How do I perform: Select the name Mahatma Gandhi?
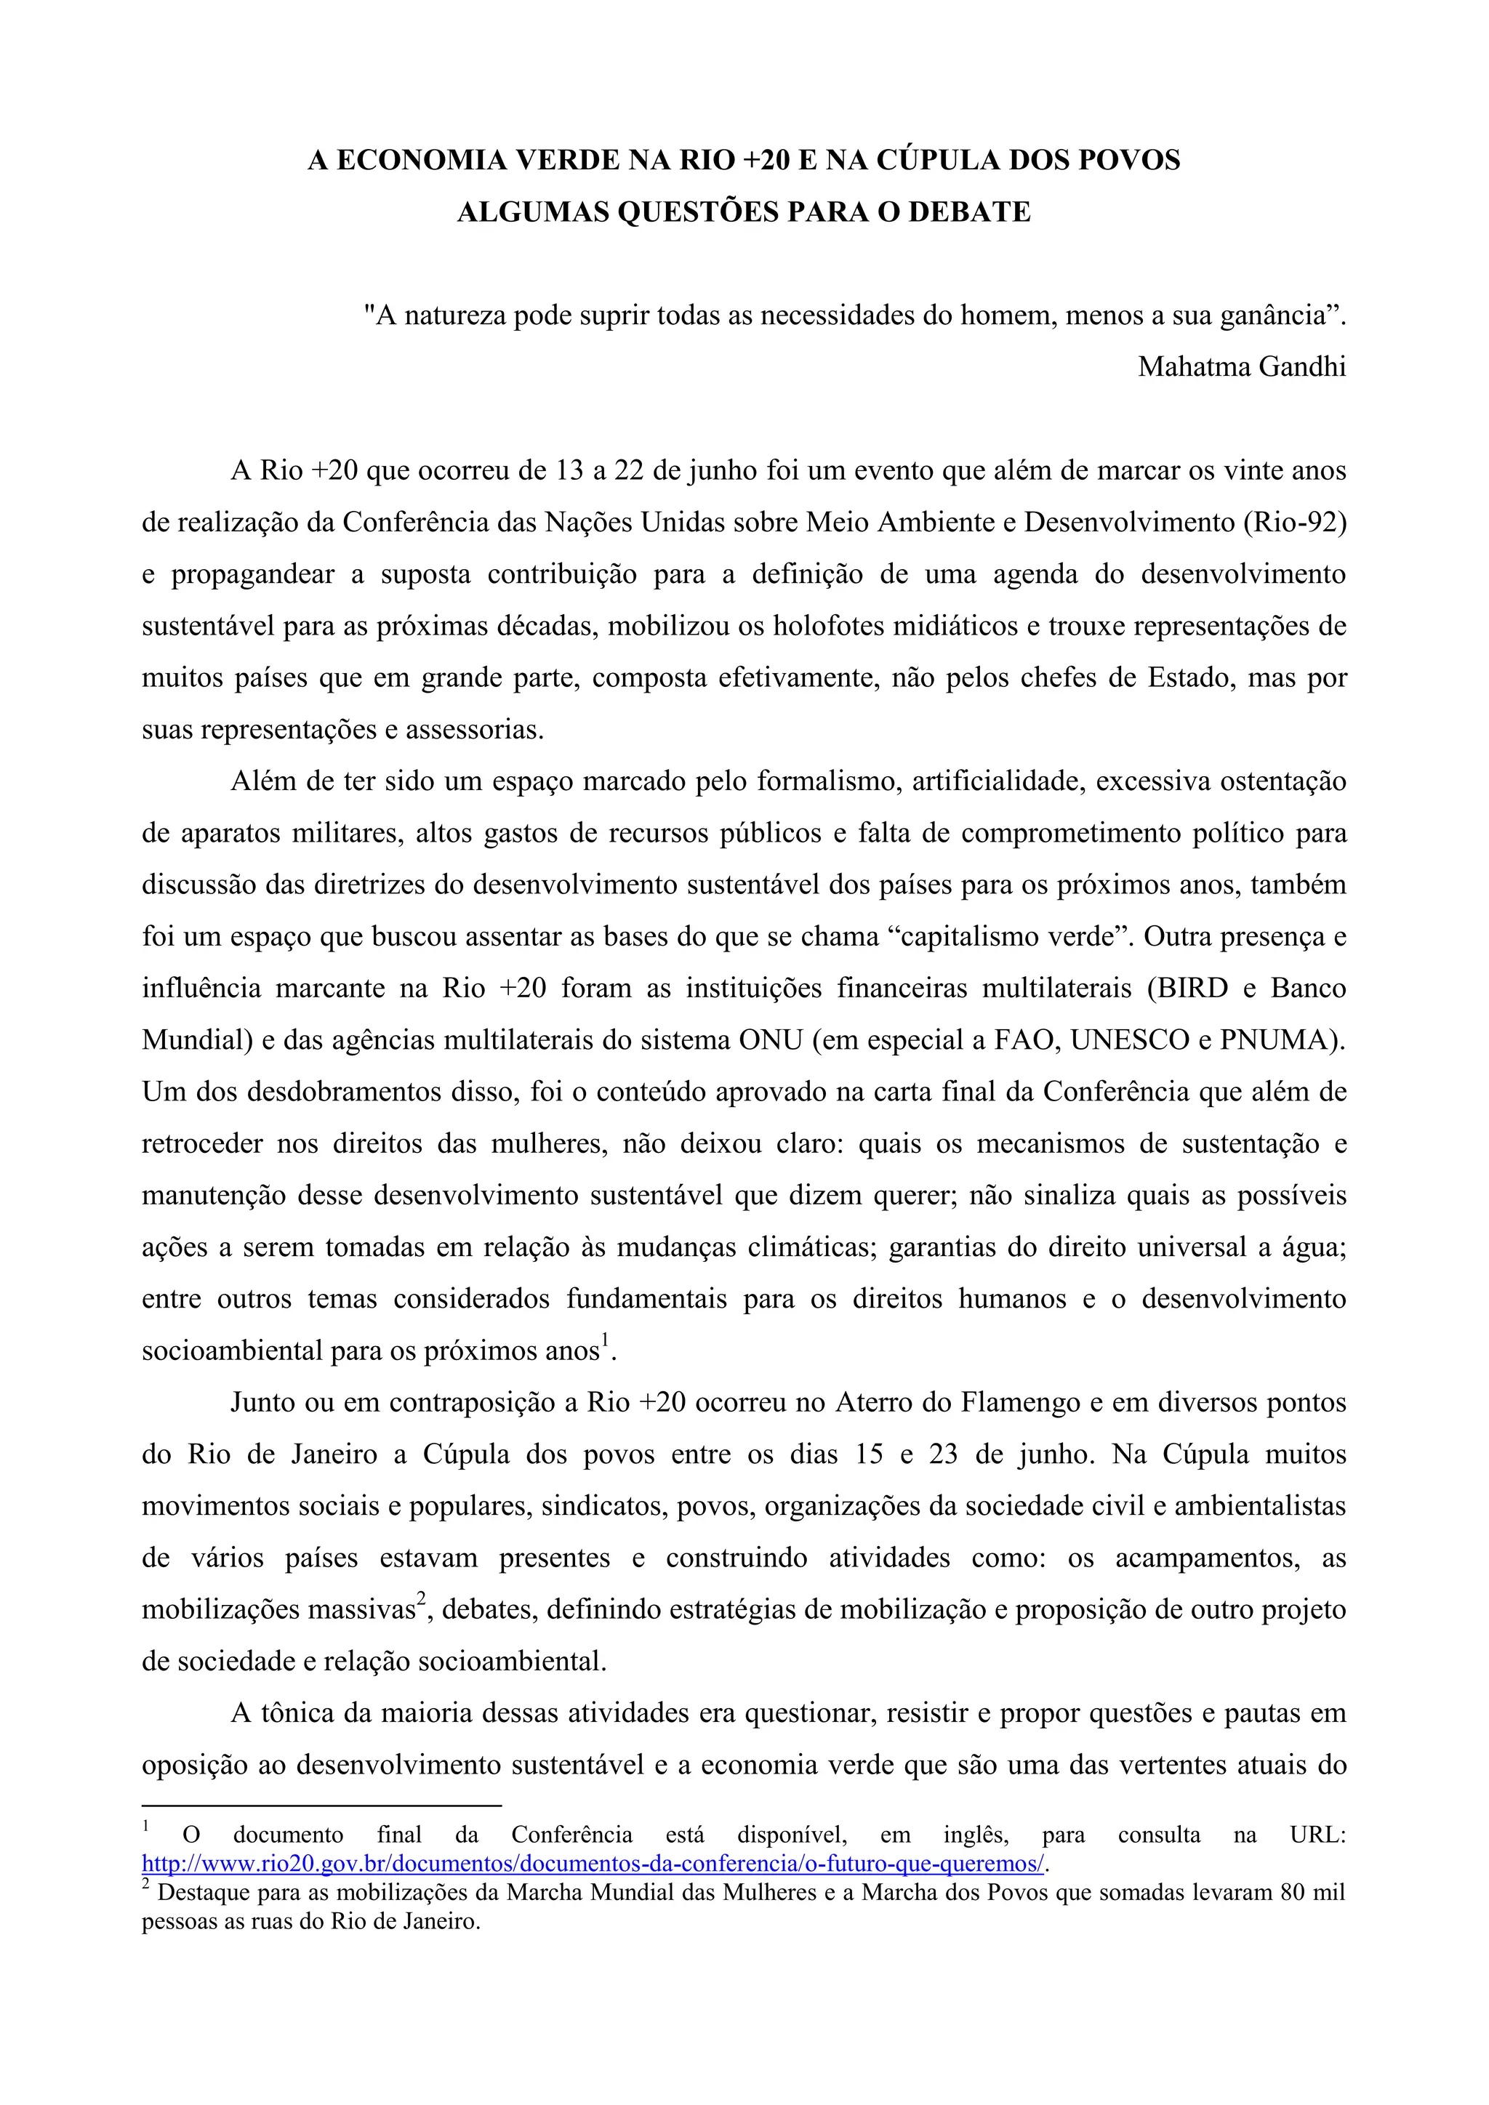pos(1242,367)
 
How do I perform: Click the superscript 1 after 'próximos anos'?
pos(604,1343)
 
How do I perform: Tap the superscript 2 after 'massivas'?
pos(422,1600)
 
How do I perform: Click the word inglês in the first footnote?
pos(976,1835)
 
